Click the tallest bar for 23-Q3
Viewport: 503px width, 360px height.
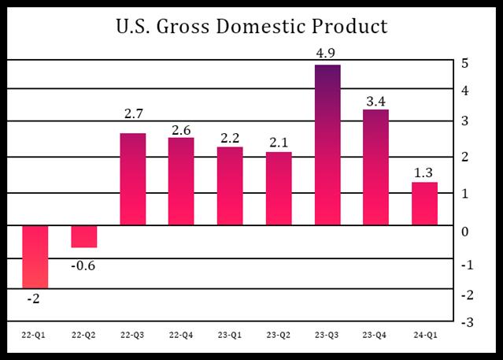coord(327,145)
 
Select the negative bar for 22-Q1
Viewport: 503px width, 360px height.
coord(35,256)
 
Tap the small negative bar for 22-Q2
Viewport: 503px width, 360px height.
coord(83,236)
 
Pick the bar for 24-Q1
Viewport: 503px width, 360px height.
coord(425,203)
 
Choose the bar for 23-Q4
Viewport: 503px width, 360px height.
coord(375,167)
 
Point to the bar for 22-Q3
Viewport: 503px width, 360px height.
coord(132,179)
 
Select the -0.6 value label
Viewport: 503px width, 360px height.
coord(83,265)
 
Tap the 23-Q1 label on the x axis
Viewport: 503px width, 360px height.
coord(229,336)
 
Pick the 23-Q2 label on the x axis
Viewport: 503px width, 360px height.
coord(279,336)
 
